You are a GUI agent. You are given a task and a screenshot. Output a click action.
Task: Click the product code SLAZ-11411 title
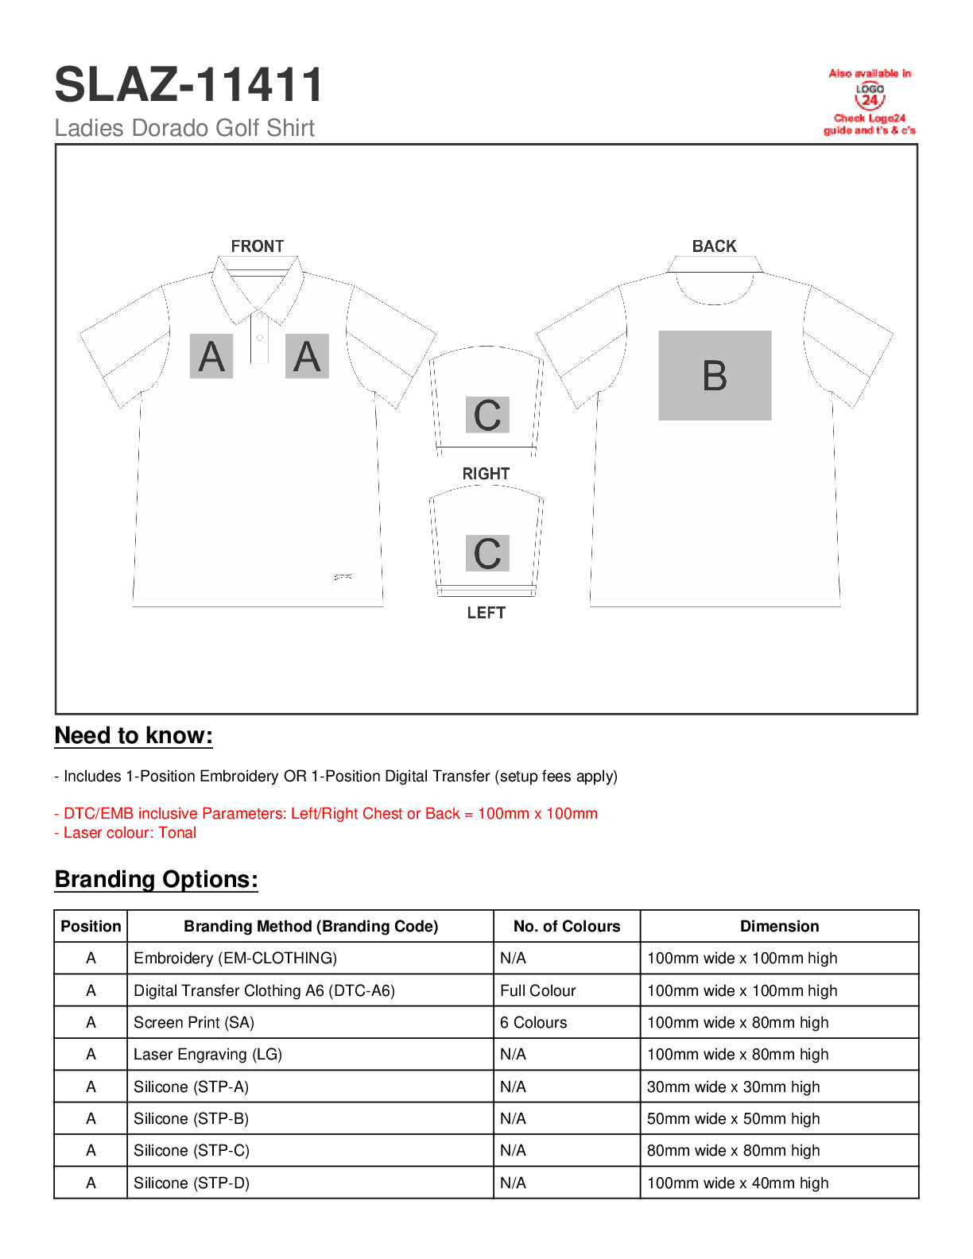tap(189, 85)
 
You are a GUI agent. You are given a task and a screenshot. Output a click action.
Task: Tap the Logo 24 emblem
tap(870, 96)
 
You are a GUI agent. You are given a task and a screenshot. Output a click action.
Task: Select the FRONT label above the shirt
tap(257, 246)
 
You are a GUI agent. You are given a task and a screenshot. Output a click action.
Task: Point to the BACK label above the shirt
tap(714, 246)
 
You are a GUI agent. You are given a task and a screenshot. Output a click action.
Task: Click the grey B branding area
tap(715, 375)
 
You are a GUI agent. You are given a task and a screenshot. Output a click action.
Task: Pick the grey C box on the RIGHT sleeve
tap(487, 415)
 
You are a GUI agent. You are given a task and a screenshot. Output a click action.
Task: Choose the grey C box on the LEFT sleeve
tap(487, 553)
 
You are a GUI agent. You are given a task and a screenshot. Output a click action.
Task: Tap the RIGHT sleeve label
tap(486, 474)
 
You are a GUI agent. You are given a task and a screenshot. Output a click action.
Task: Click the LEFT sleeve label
tap(486, 613)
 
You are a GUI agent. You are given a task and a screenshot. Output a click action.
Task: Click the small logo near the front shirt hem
tap(343, 577)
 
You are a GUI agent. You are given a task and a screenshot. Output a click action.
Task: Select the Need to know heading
tap(134, 736)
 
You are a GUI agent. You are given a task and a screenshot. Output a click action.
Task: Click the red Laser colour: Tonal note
tap(126, 833)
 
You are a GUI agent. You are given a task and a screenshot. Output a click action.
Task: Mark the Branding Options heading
tap(157, 880)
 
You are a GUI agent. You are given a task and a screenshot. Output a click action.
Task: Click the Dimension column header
tap(779, 927)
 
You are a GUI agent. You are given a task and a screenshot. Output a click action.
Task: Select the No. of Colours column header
tap(567, 927)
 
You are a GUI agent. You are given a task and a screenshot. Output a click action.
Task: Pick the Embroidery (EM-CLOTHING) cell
tap(235, 959)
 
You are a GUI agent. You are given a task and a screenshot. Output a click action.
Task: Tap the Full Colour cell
tap(538, 991)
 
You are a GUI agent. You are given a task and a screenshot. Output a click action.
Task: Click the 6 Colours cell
tap(533, 1023)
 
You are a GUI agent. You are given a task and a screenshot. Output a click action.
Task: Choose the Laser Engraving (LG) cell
tap(208, 1055)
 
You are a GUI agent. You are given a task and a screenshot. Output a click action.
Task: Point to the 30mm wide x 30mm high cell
tap(733, 1087)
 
